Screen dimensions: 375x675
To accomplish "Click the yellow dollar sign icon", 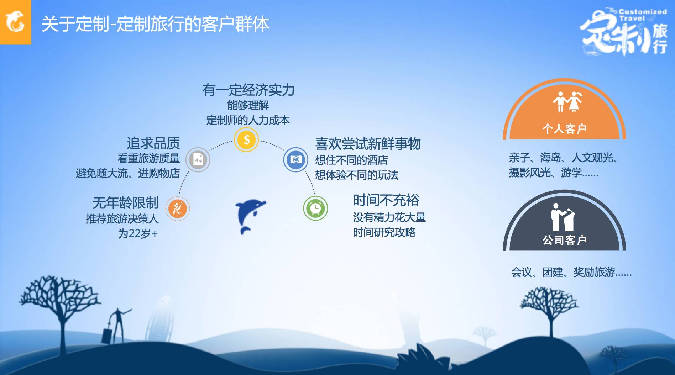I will [246, 139].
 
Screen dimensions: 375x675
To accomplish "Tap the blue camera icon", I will [295, 159].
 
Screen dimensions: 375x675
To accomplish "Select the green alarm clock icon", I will [315, 208].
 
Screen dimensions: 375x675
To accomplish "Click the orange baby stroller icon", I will [177, 208].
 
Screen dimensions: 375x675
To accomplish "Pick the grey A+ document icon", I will [198, 160].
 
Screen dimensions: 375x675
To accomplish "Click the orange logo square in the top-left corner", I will [15, 22].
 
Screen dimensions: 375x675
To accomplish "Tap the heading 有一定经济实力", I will [248, 90].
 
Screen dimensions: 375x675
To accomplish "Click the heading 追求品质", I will [153, 143].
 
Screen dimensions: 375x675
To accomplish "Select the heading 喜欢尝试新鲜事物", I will [368, 144].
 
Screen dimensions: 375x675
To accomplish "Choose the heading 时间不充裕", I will [386, 200].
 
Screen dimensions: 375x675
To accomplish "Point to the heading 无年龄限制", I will [125, 203].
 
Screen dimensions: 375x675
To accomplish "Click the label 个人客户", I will [564, 128].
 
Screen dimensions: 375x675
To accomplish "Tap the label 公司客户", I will [564, 240].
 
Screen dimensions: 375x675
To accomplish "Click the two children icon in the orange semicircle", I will [567, 101].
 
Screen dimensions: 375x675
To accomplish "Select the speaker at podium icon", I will [562, 217].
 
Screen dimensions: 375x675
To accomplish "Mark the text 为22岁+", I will [138, 234].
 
